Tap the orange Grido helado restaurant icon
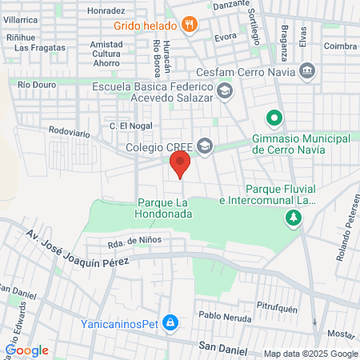[189, 25]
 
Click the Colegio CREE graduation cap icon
[206, 146]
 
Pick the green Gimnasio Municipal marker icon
[274, 119]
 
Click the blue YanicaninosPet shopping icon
[170, 322]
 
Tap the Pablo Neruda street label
[226, 316]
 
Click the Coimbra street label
[341, 46]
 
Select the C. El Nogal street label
[130, 126]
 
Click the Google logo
[26, 350]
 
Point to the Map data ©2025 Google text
[311, 354]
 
